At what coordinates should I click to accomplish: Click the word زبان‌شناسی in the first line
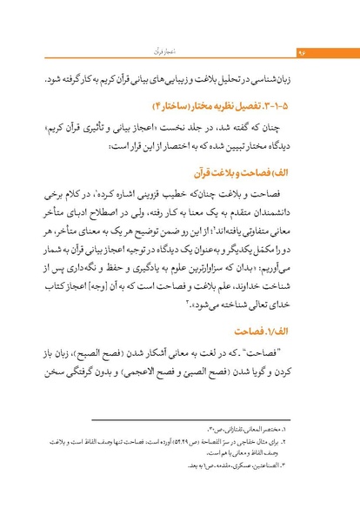point(288,77)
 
